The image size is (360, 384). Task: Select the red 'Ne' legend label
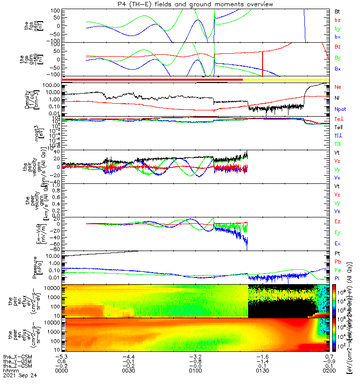pos(337,87)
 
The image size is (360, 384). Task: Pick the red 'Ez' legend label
pos(337,221)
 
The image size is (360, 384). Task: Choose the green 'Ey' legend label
pos(337,232)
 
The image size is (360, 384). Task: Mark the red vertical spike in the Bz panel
pos(263,63)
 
